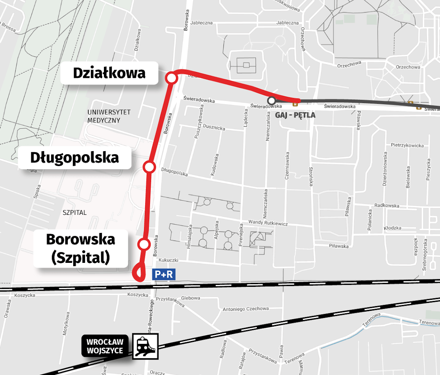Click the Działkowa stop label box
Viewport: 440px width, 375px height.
[x=109, y=73]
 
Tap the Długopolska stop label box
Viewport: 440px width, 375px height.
[x=75, y=158]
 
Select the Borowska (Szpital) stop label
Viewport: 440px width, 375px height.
[x=81, y=248]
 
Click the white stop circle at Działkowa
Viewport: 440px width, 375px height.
[x=172, y=78]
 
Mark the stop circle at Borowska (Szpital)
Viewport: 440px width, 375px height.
[x=144, y=244]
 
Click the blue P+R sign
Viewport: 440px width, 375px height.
[x=163, y=274]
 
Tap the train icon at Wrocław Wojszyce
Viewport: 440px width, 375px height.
[x=145, y=346]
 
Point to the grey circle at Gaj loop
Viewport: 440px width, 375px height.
[x=271, y=100]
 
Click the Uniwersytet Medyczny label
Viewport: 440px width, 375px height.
[x=104, y=116]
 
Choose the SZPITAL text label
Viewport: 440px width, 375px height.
[x=74, y=213]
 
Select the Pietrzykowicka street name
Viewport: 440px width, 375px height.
[x=407, y=146]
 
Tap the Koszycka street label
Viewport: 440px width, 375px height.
[x=24, y=295]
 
